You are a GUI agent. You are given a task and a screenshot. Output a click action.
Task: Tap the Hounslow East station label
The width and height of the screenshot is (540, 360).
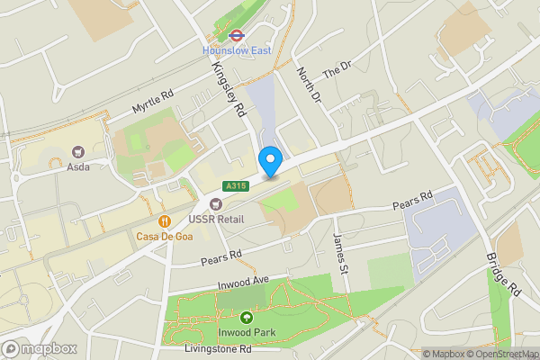pos(237,50)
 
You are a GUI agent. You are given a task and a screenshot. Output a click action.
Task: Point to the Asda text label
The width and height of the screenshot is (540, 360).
pos(77,166)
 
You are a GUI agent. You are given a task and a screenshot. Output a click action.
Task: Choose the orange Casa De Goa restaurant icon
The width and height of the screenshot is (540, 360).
pos(164,220)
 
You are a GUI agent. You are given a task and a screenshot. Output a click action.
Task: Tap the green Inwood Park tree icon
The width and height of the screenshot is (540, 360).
pos(246,316)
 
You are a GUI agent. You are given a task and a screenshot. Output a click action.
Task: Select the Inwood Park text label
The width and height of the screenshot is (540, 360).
pos(246,331)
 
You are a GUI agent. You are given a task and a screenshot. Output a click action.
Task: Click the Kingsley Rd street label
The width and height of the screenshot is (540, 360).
pos(228,90)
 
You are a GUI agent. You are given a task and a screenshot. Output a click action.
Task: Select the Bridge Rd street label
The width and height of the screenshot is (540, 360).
pos(502,274)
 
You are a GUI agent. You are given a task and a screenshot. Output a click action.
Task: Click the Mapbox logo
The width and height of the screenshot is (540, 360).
pos(40,348)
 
